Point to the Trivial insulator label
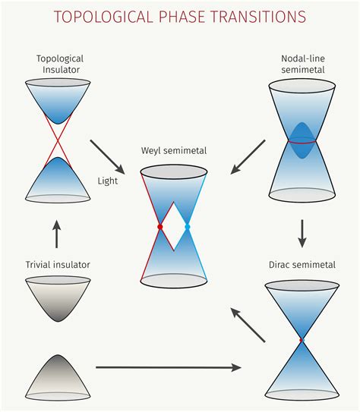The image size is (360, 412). pyautogui.click(x=57, y=264)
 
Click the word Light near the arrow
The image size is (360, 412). pyautogui.click(x=107, y=181)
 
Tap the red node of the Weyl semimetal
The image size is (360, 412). pyautogui.click(x=159, y=227)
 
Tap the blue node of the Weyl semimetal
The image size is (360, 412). pyautogui.click(x=187, y=227)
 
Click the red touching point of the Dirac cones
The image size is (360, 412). pyautogui.click(x=302, y=339)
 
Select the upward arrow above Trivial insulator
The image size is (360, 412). pyautogui.click(x=57, y=234)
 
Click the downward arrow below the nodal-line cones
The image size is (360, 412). pyautogui.click(x=302, y=233)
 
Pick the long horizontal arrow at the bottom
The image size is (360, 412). pyautogui.click(x=168, y=367)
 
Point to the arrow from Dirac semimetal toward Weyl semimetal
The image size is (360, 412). pyautogui.click(x=248, y=325)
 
